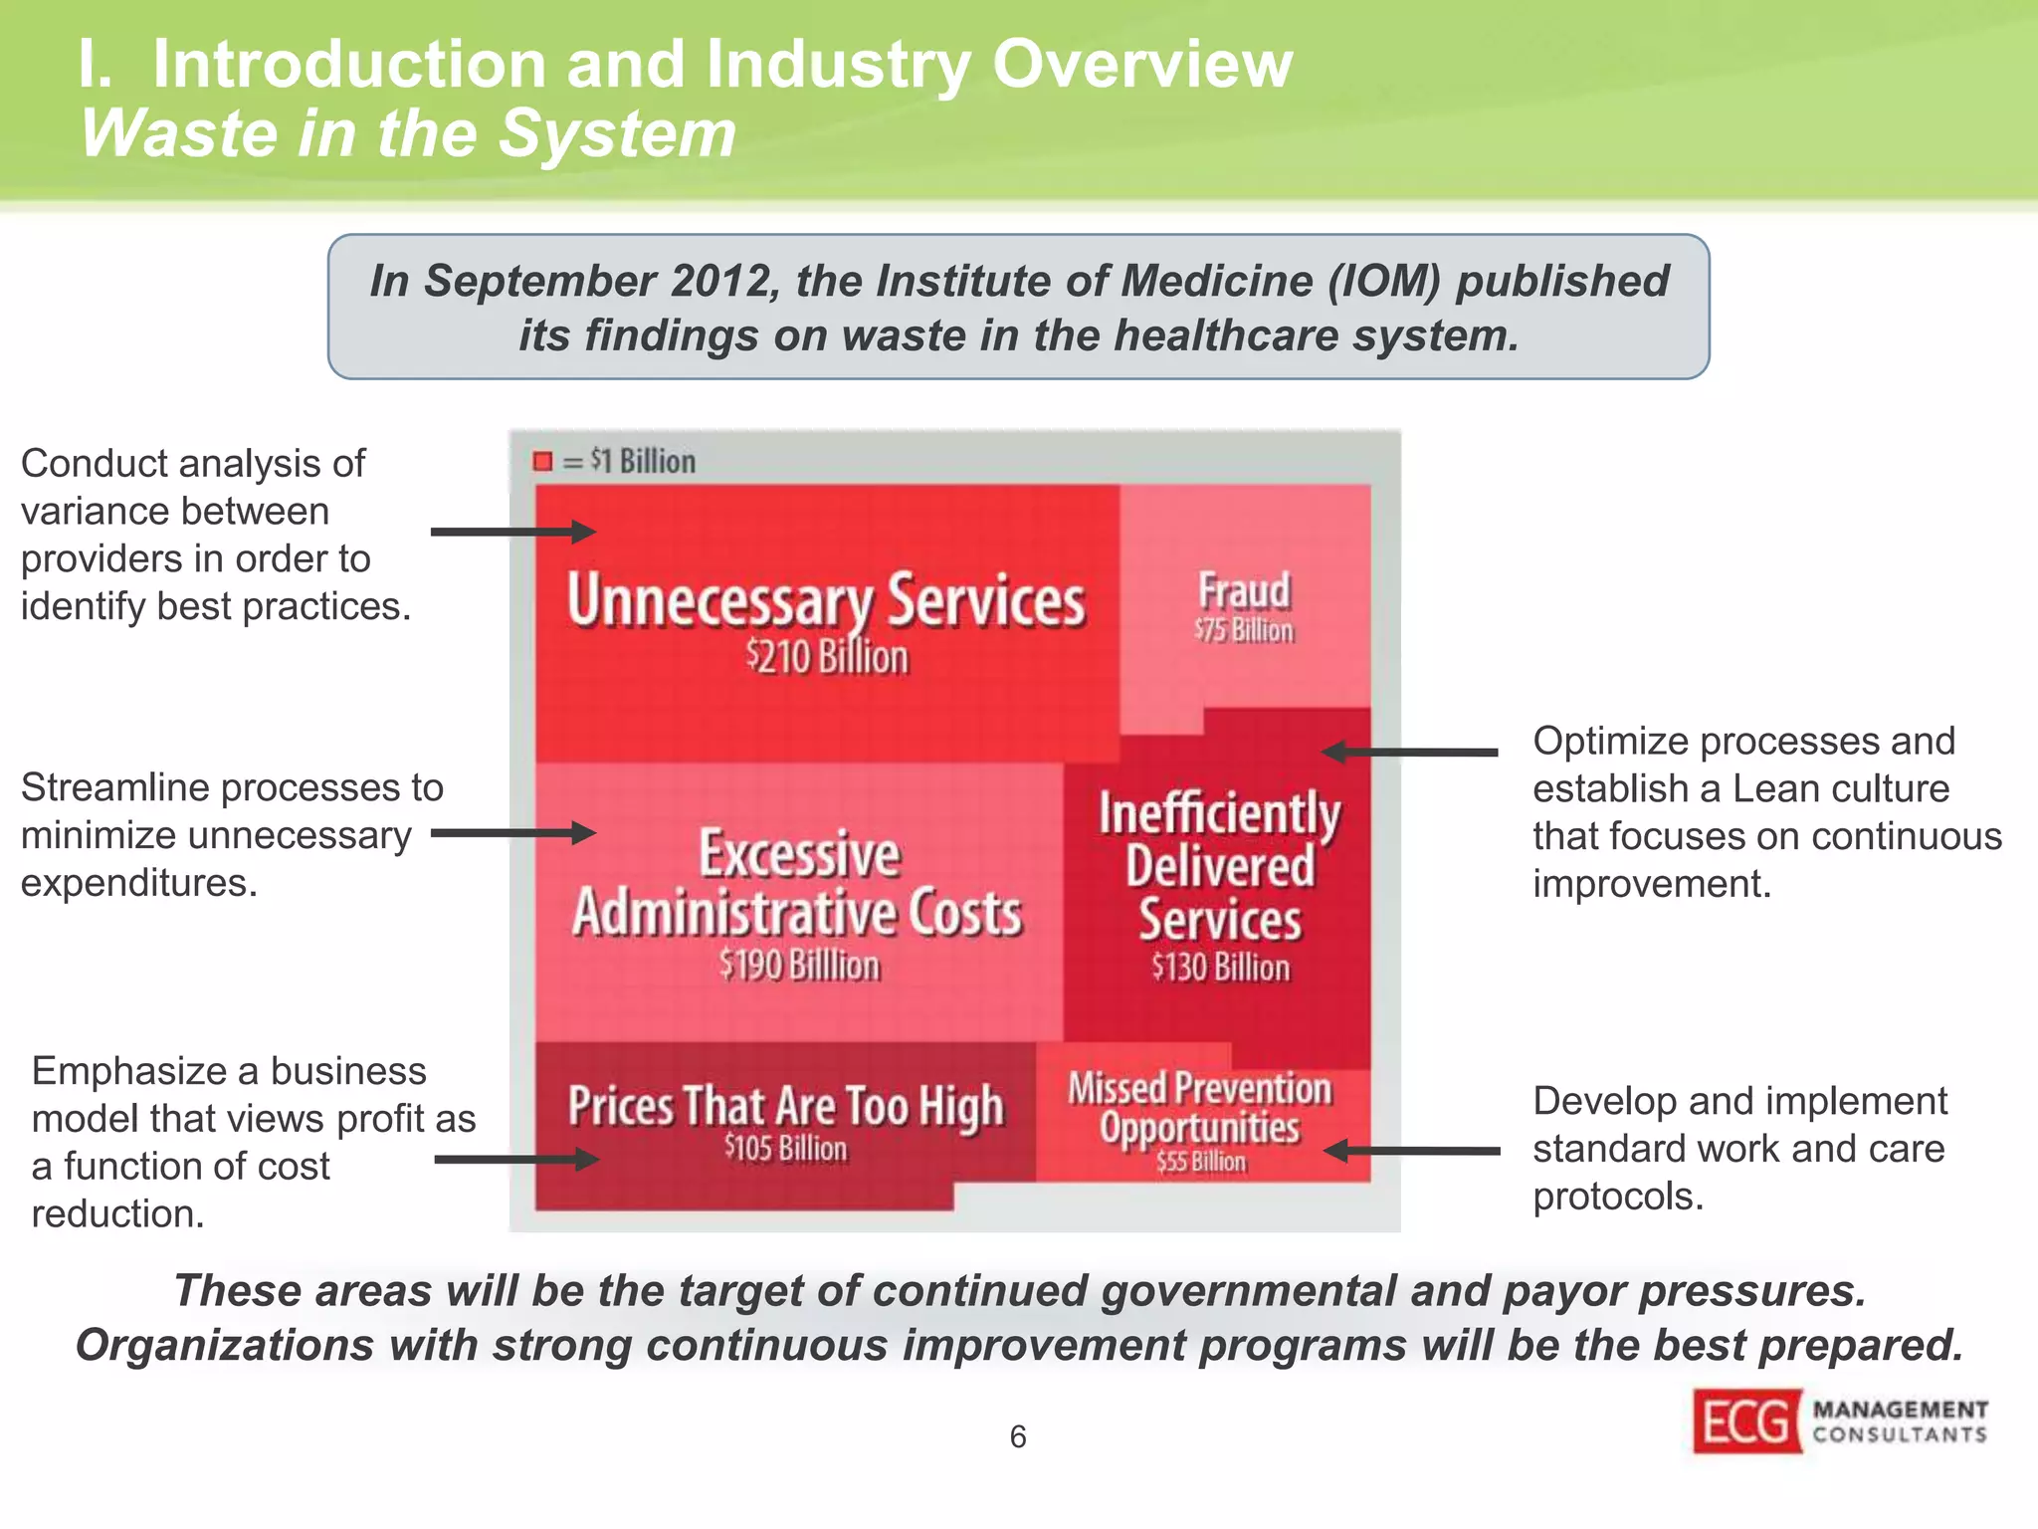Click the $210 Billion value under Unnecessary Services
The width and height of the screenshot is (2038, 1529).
(827, 658)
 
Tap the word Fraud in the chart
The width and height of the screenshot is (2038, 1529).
(1244, 590)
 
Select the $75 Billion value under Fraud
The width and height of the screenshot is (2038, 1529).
(1244, 631)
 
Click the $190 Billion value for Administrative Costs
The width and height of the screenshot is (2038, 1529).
(800, 966)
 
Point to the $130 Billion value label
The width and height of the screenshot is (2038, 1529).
(1220, 968)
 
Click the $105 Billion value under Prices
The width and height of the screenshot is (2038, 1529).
(785, 1148)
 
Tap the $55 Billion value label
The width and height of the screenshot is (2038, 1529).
(1200, 1162)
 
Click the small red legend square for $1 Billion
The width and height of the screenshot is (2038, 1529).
(542, 461)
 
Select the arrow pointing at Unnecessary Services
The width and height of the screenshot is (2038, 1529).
(512, 532)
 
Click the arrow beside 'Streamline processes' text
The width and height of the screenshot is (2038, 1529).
(512, 833)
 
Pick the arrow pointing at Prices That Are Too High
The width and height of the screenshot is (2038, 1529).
(515, 1159)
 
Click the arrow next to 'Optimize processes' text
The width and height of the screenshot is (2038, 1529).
(1410, 753)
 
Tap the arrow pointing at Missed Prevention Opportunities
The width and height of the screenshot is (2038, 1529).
(1412, 1151)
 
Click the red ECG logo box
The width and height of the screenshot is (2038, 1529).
(1746, 1421)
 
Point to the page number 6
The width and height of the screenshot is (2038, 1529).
(1017, 1436)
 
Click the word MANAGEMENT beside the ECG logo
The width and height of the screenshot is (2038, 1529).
(1900, 1410)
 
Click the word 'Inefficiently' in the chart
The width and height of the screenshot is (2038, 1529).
(1219, 814)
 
